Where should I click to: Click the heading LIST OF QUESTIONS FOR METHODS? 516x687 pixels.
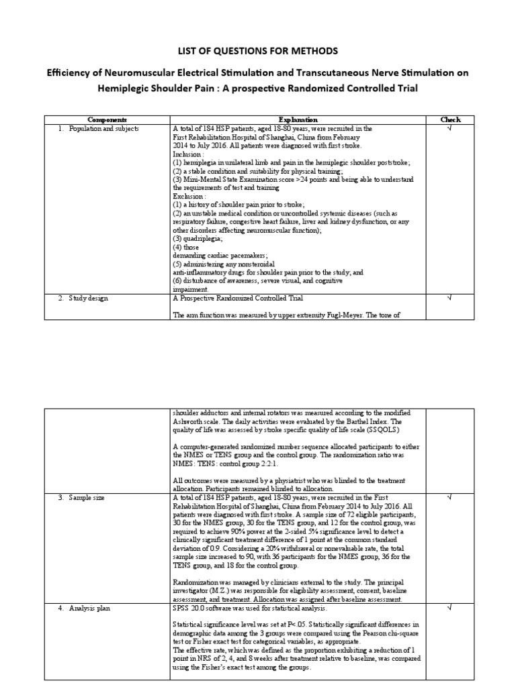pyautogui.click(x=258, y=51)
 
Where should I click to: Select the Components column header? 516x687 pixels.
pyautogui.click(x=107, y=119)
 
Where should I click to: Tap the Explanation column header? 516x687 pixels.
pyautogui.click(x=298, y=119)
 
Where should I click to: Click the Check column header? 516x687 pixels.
pyautogui.click(x=450, y=119)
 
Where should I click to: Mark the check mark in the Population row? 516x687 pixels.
pyautogui.click(x=450, y=127)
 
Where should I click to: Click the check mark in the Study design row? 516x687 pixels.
pyautogui.click(x=450, y=299)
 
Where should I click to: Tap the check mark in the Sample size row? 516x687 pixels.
pyautogui.click(x=450, y=497)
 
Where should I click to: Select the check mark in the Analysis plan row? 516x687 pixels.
pyautogui.click(x=450, y=609)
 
